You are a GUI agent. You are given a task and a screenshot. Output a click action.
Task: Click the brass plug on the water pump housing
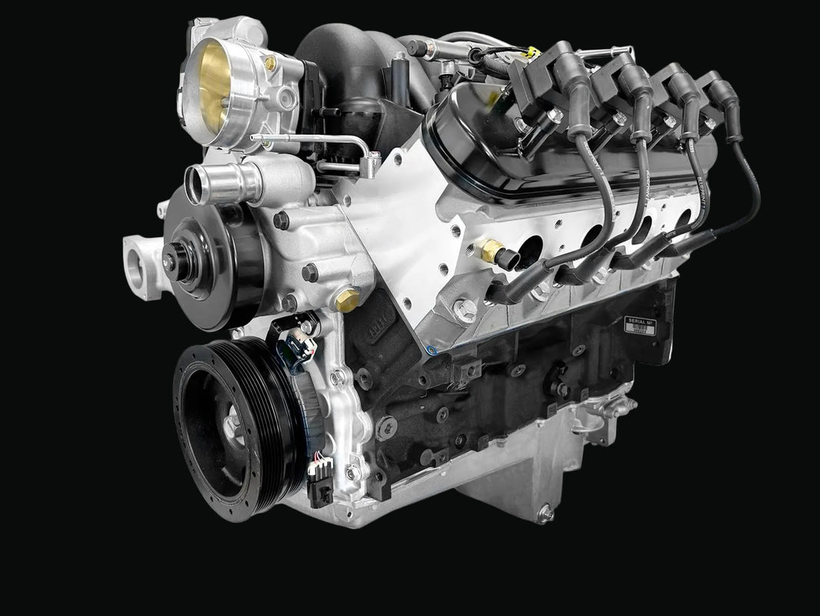(347, 300)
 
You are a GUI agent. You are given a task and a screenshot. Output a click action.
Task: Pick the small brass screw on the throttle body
(270, 65)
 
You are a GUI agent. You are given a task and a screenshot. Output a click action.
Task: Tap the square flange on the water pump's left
(143, 265)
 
